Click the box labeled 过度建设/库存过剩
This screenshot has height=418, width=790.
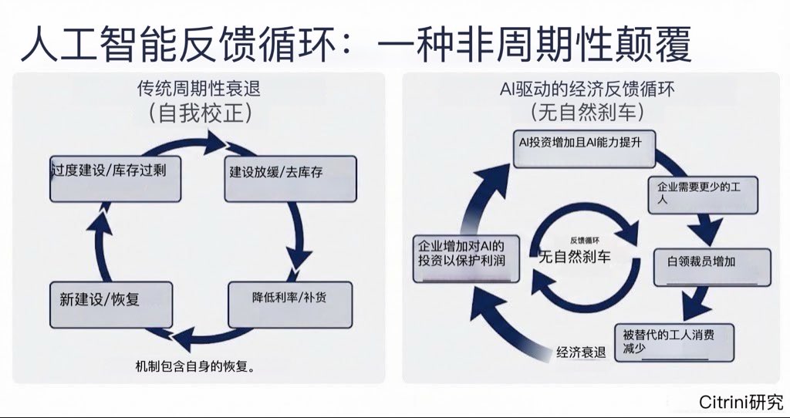[x=118, y=179]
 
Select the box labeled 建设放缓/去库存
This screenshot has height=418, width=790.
[x=290, y=179]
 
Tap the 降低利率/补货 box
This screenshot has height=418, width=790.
[x=290, y=305]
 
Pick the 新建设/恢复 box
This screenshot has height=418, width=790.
[x=110, y=305]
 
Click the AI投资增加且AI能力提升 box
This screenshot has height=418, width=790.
[x=584, y=149]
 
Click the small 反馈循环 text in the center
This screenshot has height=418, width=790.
[x=584, y=240]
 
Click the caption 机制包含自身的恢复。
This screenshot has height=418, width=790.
[x=194, y=366]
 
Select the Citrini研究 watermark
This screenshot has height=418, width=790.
[x=741, y=402]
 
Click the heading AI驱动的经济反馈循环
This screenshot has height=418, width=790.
[x=586, y=89]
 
